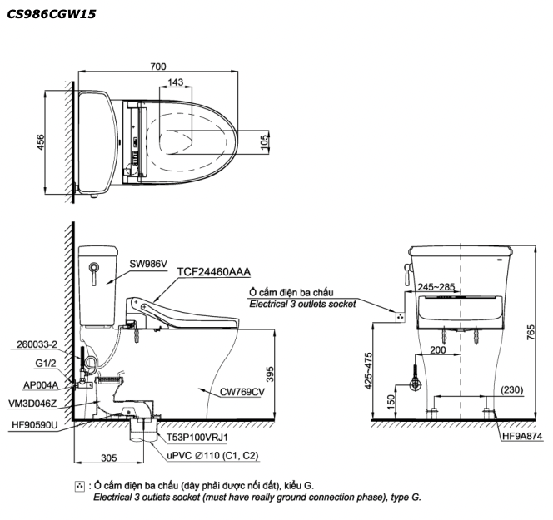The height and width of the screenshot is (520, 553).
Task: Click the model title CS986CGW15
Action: [52, 14]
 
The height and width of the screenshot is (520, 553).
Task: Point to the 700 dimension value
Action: [158, 67]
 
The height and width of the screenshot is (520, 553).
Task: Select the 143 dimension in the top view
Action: [175, 82]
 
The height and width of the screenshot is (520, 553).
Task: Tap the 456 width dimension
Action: [41, 142]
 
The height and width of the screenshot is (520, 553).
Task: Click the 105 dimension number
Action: [264, 142]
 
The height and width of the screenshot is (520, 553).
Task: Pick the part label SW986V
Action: [148, 264]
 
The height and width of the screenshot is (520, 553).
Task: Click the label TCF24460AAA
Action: [214, 271]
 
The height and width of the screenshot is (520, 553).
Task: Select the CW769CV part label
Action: [242, 392]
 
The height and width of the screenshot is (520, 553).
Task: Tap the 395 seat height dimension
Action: [269, 374]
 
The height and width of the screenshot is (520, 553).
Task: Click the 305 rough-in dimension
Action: [108, 458]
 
